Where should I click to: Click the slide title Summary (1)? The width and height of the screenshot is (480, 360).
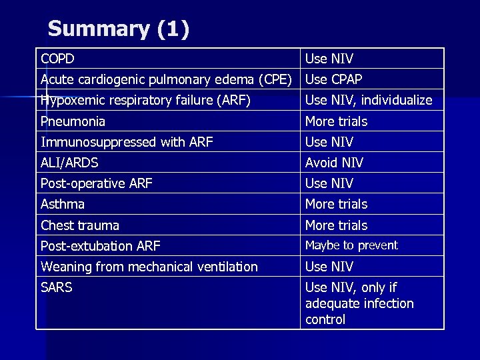[x=119, y=29]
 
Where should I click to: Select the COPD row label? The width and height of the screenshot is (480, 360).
[x=57, y=59]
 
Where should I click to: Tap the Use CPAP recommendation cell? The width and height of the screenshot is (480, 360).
[x=333, y=79]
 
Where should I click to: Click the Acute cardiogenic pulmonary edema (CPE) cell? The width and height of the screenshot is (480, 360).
[x=166, y=79]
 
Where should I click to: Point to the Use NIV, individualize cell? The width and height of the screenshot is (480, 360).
[x=369, y=101]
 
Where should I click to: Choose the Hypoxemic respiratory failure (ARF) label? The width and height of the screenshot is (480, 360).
[x=145, y=101]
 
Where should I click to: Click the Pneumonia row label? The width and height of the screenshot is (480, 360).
[x=73, y=121]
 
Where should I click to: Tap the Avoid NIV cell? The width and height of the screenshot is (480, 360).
[x=334, y=163]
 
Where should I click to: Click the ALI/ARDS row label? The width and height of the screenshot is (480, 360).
[x=69, y=163]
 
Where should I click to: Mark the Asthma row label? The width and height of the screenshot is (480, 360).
[x=63, y=204]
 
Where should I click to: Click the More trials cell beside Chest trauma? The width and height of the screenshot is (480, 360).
[x=336, y=225]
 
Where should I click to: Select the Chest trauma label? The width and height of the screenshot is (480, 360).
[x=80, y=225]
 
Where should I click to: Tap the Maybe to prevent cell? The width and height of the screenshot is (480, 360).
[x=351, y=245]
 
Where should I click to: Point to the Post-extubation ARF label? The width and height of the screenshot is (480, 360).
[x=101, y=246]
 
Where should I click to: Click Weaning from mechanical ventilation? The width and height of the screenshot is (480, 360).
[x=149, y=267]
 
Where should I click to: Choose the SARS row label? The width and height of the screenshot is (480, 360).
[x=57, y=288]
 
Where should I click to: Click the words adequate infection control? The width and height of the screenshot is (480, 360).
[x=359, y=311]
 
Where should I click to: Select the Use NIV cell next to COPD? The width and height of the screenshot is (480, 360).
[x=329, y=59]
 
